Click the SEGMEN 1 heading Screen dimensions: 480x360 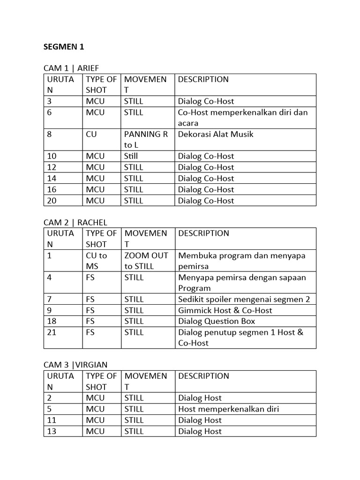click(x=64, y=47)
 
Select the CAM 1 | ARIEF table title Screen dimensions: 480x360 click(x=71, y=68)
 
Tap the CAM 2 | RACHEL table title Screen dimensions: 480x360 click(x=75, y=222)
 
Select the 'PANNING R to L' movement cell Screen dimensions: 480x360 click(x=146, y=140)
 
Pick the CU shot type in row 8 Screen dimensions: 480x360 click(x=91, y=134)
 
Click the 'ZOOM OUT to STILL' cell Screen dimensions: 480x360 click(x=146, y=261)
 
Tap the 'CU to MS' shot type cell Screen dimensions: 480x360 click(x=96, y=261)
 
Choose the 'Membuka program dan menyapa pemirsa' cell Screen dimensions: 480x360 click(x=241, y=261)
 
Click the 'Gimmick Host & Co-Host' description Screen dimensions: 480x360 click(x=225, y=310)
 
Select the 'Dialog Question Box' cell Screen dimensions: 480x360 click(x=217, y=321)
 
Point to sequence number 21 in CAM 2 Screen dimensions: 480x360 click(x=52, y=332)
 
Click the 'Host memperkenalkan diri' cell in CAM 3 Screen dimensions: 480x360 click(x=228, y=409)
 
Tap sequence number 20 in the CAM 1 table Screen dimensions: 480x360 click(x=52, y=201)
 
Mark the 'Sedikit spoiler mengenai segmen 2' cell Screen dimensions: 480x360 click(x=244, y=299)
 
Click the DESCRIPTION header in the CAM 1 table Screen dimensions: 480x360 click(x=203, y=79)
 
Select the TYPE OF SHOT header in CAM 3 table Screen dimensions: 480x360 click(x=101, y=381)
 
